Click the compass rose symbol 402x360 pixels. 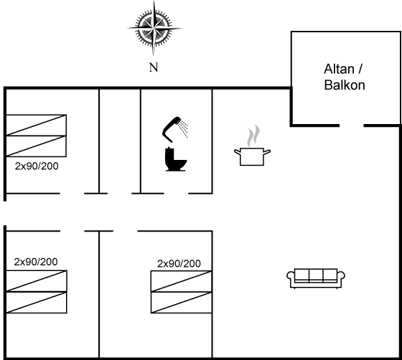(154, 28)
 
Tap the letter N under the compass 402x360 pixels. (154, 67)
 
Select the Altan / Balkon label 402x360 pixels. (345, 77)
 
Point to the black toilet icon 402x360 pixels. (176, 159)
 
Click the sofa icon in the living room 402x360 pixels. (316, 278)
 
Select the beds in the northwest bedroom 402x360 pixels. (36, 136)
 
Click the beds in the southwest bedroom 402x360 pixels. (36, 292)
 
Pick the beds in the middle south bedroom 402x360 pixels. (181, 292)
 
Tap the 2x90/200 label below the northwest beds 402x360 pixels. (37, 166)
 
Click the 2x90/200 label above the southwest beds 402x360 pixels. (36, 262)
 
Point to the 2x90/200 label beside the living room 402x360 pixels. (179, 263)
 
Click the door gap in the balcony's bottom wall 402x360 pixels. (352, 125)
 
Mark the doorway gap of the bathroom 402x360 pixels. (176, 194)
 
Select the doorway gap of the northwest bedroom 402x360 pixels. (72, 194)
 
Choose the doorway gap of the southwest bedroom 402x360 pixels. (73, 231)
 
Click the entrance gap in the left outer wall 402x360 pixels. (5, 213)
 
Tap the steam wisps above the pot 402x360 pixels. (253, 136)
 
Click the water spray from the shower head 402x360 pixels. (184, 129)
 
